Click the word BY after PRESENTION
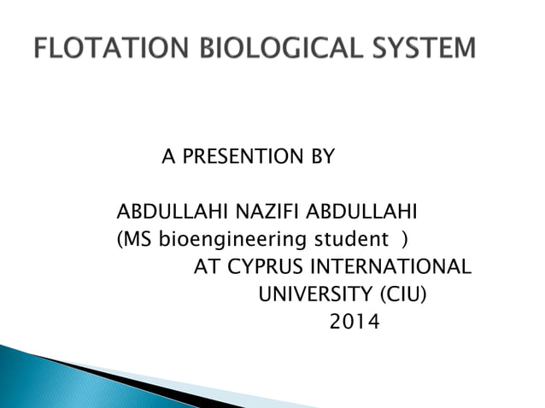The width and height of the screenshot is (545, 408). coord(321,157)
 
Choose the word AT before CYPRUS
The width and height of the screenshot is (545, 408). coord(207,267)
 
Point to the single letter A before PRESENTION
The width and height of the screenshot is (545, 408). coord(168,157)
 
